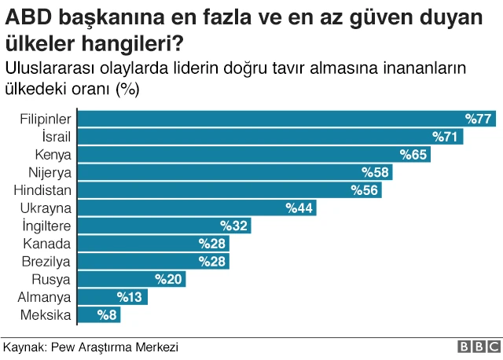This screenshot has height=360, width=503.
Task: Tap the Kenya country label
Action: (53, 155)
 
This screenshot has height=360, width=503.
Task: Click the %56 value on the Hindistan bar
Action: (365, 190)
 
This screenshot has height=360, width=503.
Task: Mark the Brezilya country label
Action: (47, 261)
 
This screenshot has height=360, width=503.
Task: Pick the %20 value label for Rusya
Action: (168, 279)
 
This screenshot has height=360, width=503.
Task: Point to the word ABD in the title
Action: (24, 17)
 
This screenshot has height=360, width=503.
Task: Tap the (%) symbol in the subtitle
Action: (127, 88)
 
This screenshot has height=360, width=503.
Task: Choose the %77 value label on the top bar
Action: (478, 119)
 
